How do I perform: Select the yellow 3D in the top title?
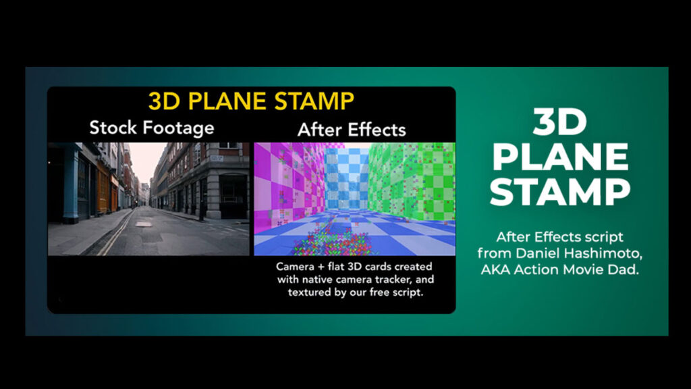click(164, 101)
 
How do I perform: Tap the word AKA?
click(500, 268)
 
